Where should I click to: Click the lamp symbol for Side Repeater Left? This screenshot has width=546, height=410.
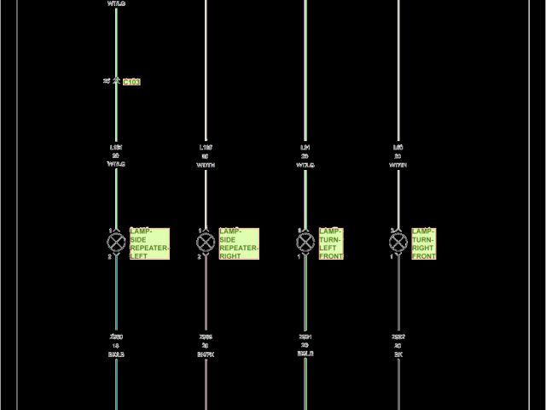point(116,243)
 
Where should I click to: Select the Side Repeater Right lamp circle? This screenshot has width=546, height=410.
point(206,243)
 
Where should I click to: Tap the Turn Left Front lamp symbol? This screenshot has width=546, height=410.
point(305,243)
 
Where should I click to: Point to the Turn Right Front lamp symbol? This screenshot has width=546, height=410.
point(398,243)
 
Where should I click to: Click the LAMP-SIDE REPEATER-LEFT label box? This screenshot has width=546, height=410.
point(149,243)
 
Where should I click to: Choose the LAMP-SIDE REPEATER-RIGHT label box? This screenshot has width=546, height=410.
point(239,243)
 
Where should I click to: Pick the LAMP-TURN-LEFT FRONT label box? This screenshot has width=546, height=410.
point(331,243)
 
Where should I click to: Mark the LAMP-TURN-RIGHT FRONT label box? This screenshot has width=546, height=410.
point(424,243)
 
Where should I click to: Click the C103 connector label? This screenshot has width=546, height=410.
point(131,82)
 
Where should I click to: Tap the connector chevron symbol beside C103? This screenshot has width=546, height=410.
point(115,81)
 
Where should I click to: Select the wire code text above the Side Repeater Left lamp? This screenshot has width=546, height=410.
point(116,155)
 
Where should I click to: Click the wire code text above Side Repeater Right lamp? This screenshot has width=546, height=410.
point(206,155)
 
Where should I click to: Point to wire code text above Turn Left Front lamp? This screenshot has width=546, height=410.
point(305,155)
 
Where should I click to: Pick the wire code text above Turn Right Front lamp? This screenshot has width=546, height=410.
point(398,155)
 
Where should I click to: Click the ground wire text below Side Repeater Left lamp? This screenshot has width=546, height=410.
point(116,345)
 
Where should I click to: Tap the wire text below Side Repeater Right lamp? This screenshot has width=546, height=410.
point(206,345)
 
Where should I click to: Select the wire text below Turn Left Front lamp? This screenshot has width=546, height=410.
point(305,345)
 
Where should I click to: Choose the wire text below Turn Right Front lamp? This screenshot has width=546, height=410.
point(398,345)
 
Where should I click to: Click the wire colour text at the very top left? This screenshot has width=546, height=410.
point(116,3)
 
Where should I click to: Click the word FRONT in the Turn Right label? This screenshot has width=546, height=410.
point(424,256)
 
